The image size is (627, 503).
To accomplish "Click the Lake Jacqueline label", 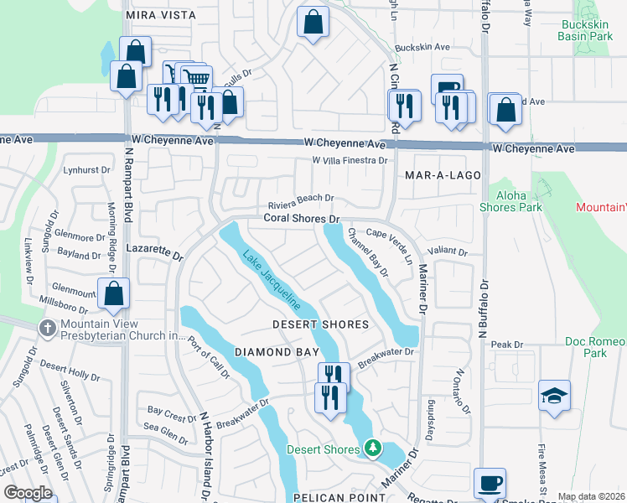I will tap(272, 283).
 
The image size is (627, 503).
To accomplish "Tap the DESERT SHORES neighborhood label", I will tap(321, 324).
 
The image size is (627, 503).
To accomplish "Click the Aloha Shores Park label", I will tap(511, 201).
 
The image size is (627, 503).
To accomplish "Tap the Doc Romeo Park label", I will tap(596, 348).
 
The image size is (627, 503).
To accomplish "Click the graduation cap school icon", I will tap(554, 395).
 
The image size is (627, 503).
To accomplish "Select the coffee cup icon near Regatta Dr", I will tap(490, 483).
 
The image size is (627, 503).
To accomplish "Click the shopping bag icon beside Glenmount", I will tap(113, 293).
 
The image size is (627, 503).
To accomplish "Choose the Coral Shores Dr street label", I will tap(301, 219).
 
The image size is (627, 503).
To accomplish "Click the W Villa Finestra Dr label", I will tap(349, 160).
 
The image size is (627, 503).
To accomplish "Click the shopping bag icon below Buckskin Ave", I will tap(505, 110).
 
